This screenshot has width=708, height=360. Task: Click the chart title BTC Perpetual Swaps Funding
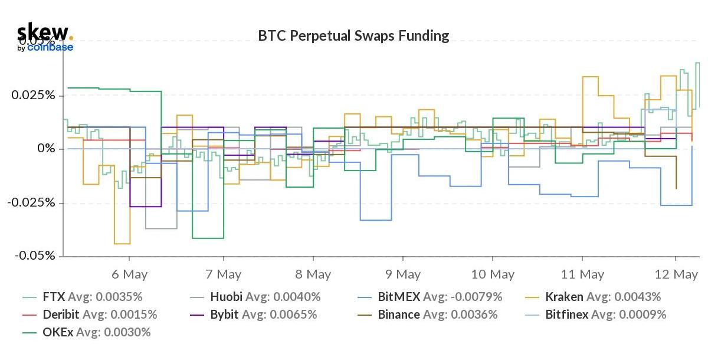pyautogui.click(x=353, y=36)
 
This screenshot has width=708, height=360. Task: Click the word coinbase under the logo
pyautogui.click(x=50, y=47)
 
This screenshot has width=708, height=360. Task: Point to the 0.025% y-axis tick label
pyautogui.click(x=34, y=95)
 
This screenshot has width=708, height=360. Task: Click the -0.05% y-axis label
pyautogui.click(x=34, y=256)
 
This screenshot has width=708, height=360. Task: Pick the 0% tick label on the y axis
pyautogui.click(x=45, y=149)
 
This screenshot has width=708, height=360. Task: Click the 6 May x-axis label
pyautogui.click(x=129, y=274)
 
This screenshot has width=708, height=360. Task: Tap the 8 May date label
pyautogui.click(x=313, y=274)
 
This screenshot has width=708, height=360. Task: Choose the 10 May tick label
pyautogui.click(x=493, y=274)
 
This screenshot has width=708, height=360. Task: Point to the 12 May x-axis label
pyautogui.click(x=677, y=274)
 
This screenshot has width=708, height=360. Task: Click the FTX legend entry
pyautogui.click(x=54, y=297)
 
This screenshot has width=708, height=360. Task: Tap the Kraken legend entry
pyautogui.click(x=564, y=297)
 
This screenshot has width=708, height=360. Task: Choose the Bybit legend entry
pyautogui.click(x=224, y=315)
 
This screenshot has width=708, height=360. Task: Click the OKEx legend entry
pyautogui.click(x=57, y=332)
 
